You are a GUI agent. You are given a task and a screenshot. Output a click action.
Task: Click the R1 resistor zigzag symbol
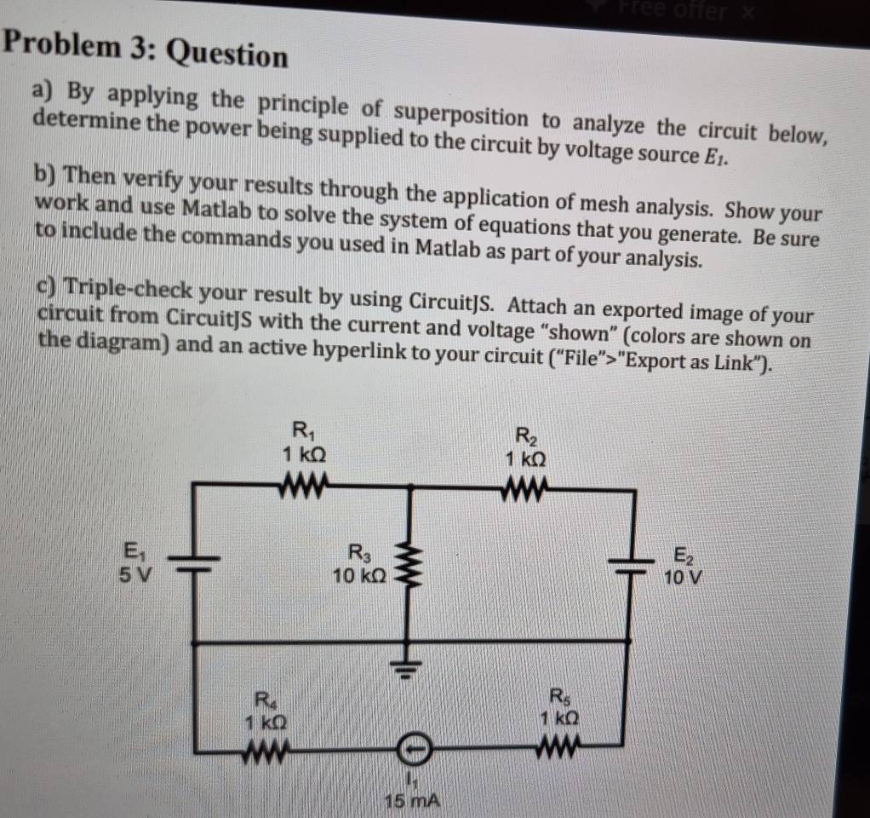[301, 487]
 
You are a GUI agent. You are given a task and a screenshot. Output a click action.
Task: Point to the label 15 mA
[410, 801]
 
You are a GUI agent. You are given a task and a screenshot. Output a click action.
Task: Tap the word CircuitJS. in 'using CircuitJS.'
[460, 302]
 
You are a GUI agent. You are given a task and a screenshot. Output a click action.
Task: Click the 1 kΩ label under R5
[560, 717]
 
